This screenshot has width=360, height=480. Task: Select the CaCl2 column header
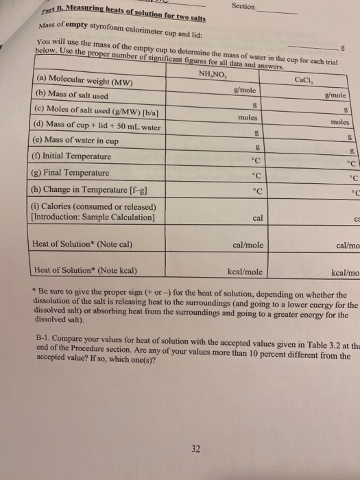[302, 80]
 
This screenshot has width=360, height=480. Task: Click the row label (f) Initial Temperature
[71, 156]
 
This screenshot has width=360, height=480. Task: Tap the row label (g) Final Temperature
[71, 173]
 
